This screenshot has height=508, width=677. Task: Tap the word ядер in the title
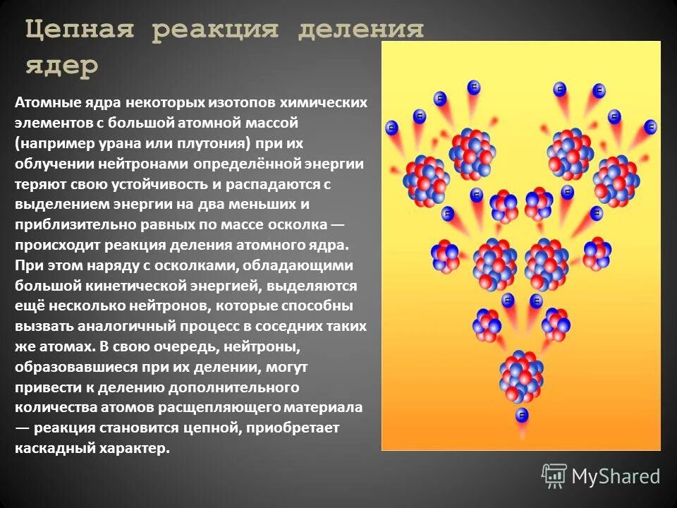coord(62,67)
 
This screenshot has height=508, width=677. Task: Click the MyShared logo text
coord(615,476)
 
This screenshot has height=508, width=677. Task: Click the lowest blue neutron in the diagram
coord(523,416)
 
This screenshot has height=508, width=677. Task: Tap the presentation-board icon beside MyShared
coord(554,476)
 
